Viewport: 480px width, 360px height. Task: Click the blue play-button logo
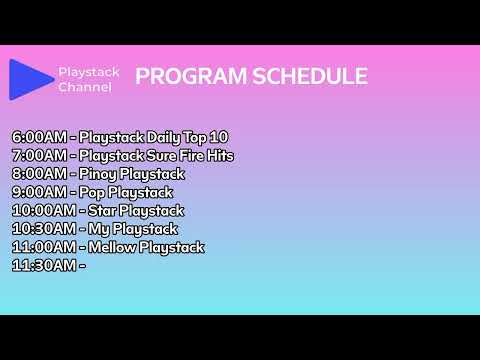31,79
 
